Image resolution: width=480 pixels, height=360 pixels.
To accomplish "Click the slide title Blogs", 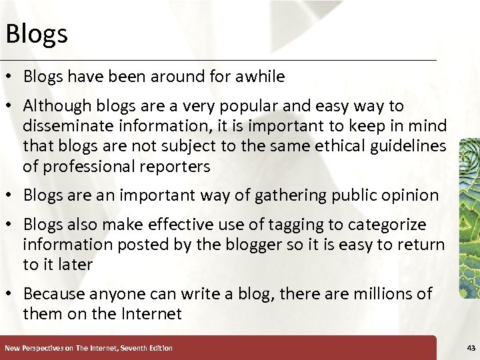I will tap(36, 33).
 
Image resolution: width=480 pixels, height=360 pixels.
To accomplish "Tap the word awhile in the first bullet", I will tap(259, 77).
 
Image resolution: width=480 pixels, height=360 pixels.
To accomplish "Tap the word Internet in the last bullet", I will tap(153, 314).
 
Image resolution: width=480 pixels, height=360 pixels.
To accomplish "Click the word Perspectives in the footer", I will tap(40, 348).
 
